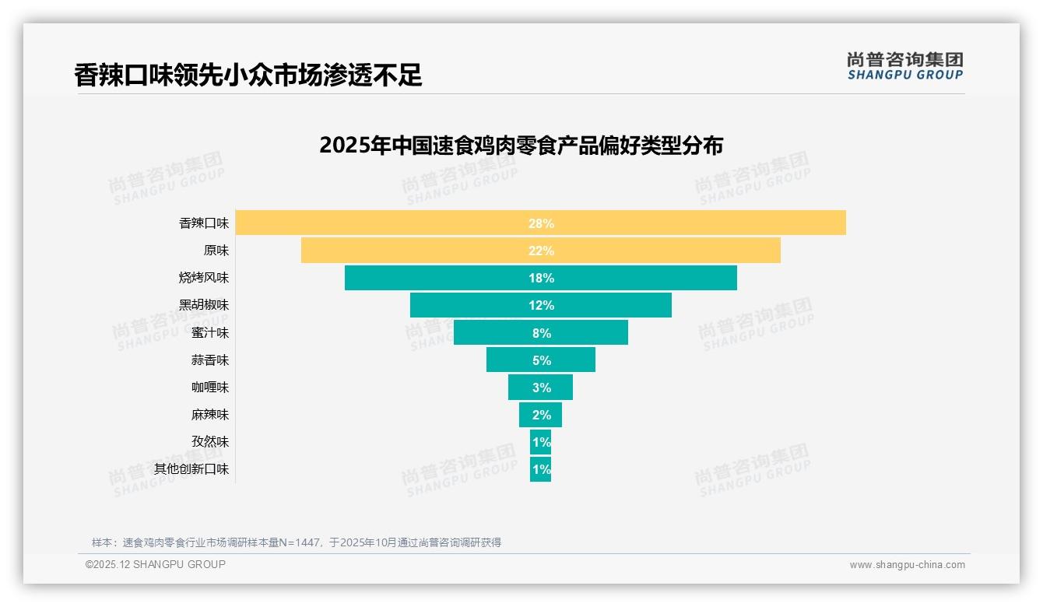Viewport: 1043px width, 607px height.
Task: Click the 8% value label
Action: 541,333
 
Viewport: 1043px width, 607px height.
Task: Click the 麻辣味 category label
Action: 210,415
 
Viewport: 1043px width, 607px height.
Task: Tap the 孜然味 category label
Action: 210,442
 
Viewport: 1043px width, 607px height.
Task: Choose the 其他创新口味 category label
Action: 191,469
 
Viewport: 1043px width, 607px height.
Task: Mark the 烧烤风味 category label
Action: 204,278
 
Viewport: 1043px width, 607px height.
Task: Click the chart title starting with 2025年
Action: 521,146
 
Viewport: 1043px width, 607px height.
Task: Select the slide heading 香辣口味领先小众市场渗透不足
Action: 248,75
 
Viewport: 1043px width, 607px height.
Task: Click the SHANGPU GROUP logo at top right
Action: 904,66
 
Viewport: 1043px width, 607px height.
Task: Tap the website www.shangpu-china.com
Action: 907,565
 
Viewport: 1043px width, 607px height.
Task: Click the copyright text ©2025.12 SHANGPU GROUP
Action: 156,565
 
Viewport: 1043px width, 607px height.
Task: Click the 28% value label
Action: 541,223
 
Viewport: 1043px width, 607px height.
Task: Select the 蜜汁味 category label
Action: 210,333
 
